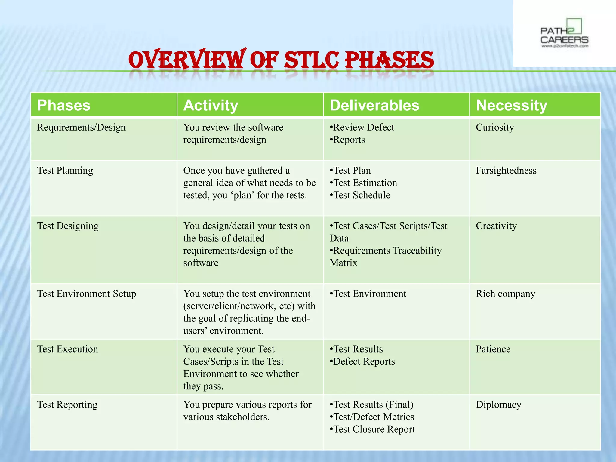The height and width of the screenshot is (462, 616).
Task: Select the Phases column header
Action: tap(64, 105)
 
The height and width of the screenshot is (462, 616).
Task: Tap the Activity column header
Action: tap(211, 105)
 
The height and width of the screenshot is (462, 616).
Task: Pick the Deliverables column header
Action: tap(374, 105)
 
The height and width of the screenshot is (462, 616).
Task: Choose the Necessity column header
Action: tap(511, 105)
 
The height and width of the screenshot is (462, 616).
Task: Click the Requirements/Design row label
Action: tap(81, 128)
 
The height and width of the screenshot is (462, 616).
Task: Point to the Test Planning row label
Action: tap(65, 171)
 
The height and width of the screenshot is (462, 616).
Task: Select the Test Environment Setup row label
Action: tap(87, 294)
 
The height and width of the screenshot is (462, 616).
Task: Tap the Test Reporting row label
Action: tap(67, 405)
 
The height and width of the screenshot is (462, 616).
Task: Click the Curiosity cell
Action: tap(495, 128)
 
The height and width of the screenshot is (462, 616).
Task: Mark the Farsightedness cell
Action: tap(506, 171)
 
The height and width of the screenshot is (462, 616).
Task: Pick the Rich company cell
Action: tap(505, 294)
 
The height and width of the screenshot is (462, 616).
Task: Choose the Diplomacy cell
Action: tap(498, 405)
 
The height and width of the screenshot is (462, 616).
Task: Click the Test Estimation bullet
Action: tap(365, 183)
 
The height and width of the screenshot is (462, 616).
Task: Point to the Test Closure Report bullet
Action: tap(374, 429)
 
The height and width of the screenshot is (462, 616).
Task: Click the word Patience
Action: tap(493, 349)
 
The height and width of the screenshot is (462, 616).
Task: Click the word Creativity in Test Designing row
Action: tap(496, 226)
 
